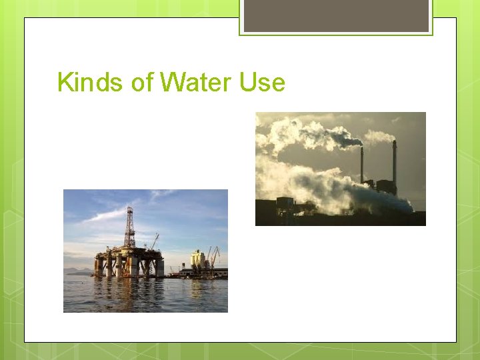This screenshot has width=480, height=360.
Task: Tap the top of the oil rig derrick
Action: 129,207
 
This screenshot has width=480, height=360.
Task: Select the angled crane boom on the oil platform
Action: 155,241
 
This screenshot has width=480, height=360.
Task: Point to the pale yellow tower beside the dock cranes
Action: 198,259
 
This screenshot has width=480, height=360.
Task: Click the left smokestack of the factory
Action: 362,164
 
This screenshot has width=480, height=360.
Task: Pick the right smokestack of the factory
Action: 394,160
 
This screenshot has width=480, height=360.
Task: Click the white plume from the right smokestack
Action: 378,137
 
